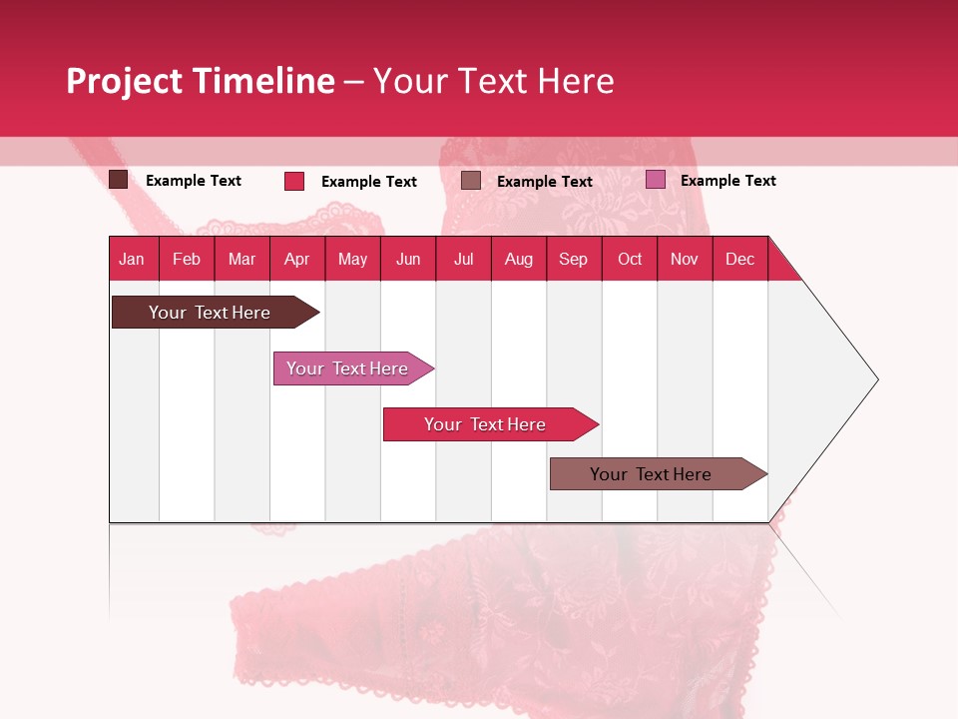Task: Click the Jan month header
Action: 132,259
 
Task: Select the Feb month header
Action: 187,259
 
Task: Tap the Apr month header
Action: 296,259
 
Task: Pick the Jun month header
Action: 408,259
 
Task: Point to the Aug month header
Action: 518,259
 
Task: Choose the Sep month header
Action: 573,259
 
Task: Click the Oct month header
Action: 630,259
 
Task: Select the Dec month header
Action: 739,259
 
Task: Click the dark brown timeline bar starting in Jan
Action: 210,313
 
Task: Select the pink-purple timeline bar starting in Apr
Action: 347,368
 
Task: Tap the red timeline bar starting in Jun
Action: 485,424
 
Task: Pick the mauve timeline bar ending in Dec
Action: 651,474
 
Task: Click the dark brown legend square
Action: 118,180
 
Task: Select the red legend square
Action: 294,181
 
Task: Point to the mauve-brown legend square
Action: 471,181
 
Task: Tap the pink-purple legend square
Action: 656,180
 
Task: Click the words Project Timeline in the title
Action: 201,81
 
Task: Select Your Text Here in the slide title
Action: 494,81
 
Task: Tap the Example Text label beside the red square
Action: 369,182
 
